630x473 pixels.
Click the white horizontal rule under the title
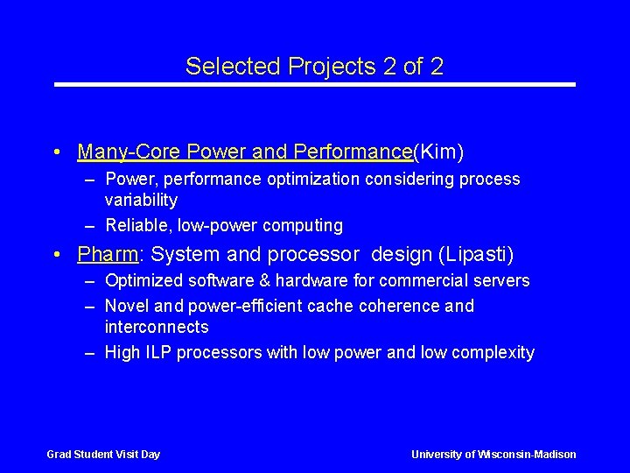pyautogui.click(x=315, y=85)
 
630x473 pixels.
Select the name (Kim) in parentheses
pyautogui.click(x=438, y=152)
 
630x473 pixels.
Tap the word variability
pyautogui.click(x=141, y=200)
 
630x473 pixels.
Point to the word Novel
pyautogui.click(x=125, y=306)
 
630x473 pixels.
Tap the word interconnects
pyautogui.click(x=157, y=327)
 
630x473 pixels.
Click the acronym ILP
pyautogui.click(x=157, y=352)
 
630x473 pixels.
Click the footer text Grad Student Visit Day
pyautogui.click(x=103, y=454)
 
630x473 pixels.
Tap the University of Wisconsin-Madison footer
pyautogui.click(x=493, y=454)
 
